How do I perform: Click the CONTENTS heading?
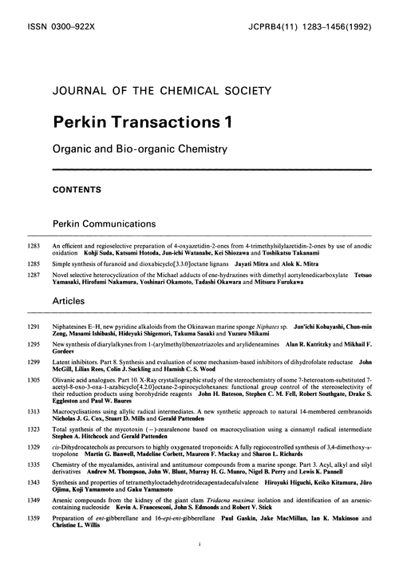77,191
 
